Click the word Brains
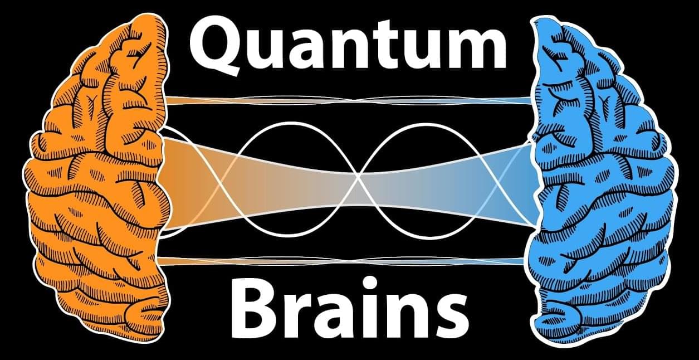[350, 308]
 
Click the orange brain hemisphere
[97, 178]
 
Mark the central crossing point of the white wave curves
[359, 177]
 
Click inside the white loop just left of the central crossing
[290, 147]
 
